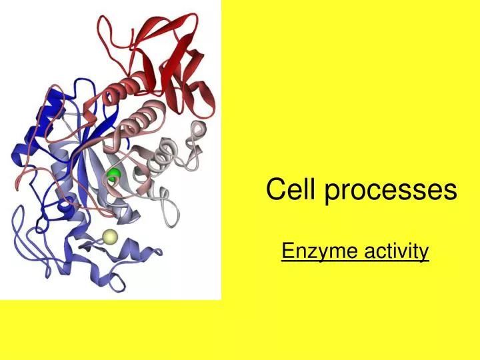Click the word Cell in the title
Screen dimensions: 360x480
click(x=291, y=190)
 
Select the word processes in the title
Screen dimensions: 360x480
click(x=390, y=191)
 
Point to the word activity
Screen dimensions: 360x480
click(x=397, y=251)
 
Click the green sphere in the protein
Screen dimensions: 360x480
click(x=115, y=176)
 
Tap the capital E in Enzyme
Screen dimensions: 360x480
click(x=287, y=251)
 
